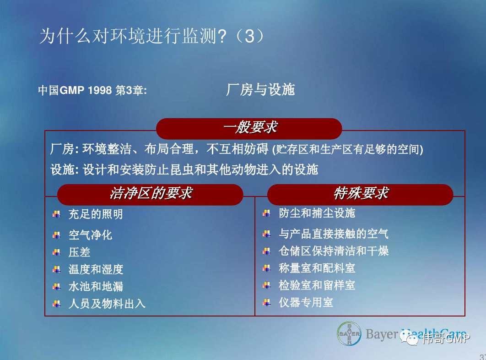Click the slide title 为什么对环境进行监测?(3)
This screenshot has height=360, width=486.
pyautogui.click(x=152, y=36)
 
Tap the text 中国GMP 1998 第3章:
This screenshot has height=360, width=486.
pyautogui.click(x=92, y=90)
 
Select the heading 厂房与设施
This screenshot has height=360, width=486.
pyautogui.click(x=260, y=90)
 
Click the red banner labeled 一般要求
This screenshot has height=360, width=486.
pyautogui.click(x=249, y=128)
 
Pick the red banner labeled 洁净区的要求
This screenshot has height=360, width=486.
pyautogui.click(x=150, y=194)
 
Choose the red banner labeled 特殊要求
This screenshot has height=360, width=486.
pyautogui.click(x=360, y=194)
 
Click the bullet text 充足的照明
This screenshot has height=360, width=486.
pyautogui.click(x=96, y=214)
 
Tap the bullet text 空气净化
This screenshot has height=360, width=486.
pyautogui.click(x=90, y=235)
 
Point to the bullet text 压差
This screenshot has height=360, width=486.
pyautogui.click(x=79, y=252)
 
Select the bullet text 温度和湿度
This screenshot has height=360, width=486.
pyautogui.click(x=96, y=269)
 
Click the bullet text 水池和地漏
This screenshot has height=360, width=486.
pyautogui.click(x=96, y=286)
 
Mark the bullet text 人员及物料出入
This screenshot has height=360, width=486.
pyautogui.click(x=107, y=303)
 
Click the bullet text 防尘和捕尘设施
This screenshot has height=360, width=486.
pyautogui.click(x=317, y=213)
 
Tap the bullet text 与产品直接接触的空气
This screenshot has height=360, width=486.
pyautogui.click(x=334, y=234)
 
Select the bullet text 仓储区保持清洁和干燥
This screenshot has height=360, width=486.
pyautogui.click(x=334, y=251)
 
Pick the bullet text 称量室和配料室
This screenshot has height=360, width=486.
pyautogui.click(x=317, y=268)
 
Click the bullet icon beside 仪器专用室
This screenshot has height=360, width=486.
pyautogui.click(x=266, y=302)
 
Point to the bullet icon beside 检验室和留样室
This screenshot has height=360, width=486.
pyautogui.click(x=266, y=285)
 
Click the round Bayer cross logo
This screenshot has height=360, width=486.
pyautogui.click(x=349, y=333)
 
